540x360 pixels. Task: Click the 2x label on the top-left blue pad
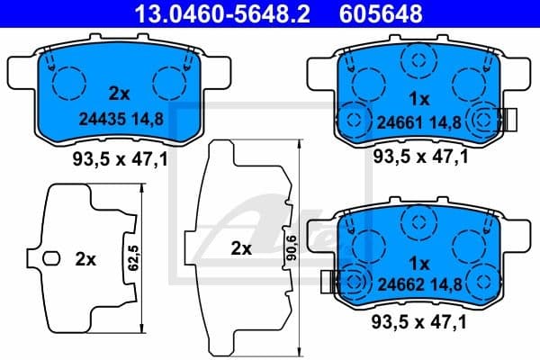pyautogui.click(x=120, y=94)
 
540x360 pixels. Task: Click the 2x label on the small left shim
pyautogui.click(x=85, y=259)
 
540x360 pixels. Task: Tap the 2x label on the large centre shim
pyautogui.click(x=240, y=249)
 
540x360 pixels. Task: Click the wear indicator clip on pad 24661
pyautogui.click(x=506, y=119)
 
